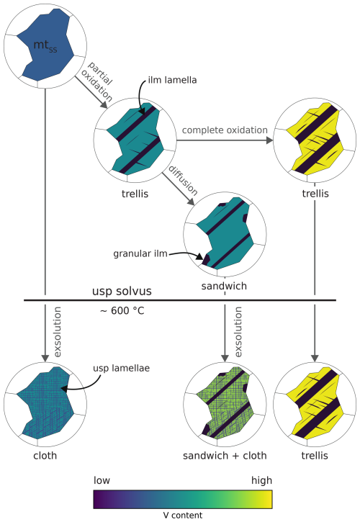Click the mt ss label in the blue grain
click(45, 46)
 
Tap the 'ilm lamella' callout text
click(172, 80)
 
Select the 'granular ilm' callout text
click(140, 254)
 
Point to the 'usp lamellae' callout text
click(121, 369)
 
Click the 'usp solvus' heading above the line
click(122, 292)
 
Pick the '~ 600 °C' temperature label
click(122, 311)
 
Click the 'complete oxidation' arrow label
click(225, 130)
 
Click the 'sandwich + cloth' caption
click(225, 456)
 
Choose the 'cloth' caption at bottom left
click(45, 456)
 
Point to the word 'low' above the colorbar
click(102, 480)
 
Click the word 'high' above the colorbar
click(262, 481)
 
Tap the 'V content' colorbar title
click(182, 516)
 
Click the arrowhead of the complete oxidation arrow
click(270, 140)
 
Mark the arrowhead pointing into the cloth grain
click(45, 359)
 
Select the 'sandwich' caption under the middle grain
click(224, 286)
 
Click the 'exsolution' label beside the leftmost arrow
click(58, 332)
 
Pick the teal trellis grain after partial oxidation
click(136, 140)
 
